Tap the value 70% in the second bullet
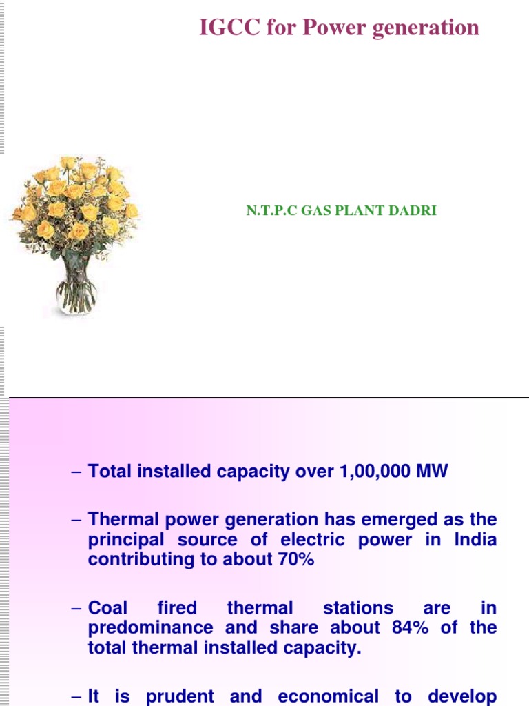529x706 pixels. click(296, 559)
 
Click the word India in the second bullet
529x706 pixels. click(475, 540)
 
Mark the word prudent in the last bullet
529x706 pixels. click(177, 696)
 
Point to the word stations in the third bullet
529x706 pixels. click(358, 608)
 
